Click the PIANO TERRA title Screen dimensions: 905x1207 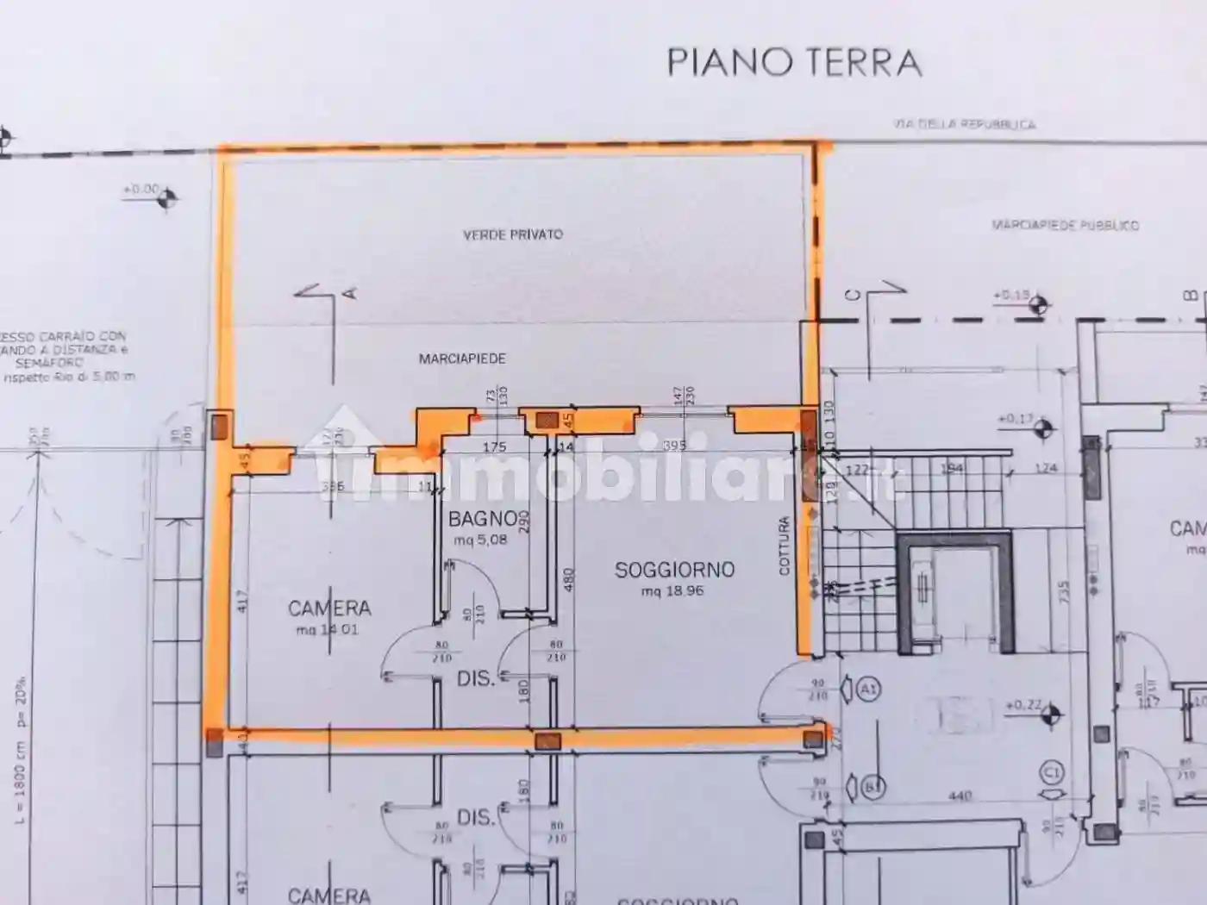(x=794, y=63)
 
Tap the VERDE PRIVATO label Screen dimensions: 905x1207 (x=513, y=234)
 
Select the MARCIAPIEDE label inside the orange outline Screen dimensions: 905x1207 (x=462, y=359)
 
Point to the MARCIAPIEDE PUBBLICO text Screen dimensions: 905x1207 (x=1065, y=226)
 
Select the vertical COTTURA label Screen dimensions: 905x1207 (x=784, y=546)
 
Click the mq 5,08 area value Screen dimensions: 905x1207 (x=480, y=540)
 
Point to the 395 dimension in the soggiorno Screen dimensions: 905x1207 (x=674, y=446)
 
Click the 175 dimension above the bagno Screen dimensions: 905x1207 (x=494, y=446)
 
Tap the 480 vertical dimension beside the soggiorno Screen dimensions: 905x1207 (x=568, y=579)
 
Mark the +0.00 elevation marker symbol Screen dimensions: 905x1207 (x=166, y=198)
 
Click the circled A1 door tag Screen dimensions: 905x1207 (x=868, y=690)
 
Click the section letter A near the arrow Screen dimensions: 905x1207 (x=350, y=294)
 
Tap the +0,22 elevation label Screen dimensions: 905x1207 (x=1023, y=705)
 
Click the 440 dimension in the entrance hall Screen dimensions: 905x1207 (x=959, y=796)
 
